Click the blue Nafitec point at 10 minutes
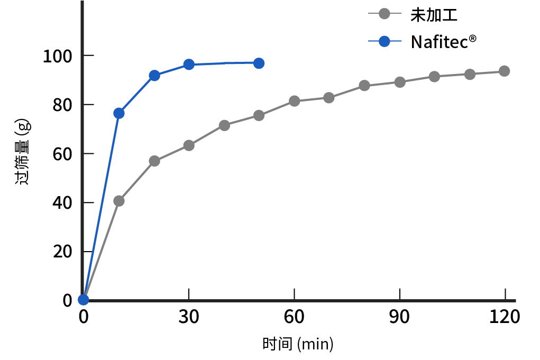pyautogui.click(x=119, y=113)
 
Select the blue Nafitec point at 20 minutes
pyautogui.click(x=154, y=76)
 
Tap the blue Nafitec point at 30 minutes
pyautogui.click(x=189, y=64)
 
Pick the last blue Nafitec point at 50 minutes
pyautogui.click(x=259, y=63)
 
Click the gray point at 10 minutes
pyautogui.click(x=119, y=201)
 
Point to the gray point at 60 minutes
pyautogui.click(x=295, y=101)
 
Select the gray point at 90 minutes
pyautogui.click(x=400, y=82)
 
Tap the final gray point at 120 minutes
pyautogui.click(x=505, y=71)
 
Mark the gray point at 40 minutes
pyautogui.click(x=224, y=125)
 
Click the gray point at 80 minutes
pyautogui.click(x=364, y=86)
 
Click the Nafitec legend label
pyautogui.click(x=440, y=42)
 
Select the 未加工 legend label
pyautogui.click(x=434, y=15)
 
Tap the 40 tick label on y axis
pyautogui.click(x=63, y=203)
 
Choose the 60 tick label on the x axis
pyautogui.click(x=294, y=317)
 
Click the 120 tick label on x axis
pyautogui.click(x=505, y=317)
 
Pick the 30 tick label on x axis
pyautogui.click(x=189, y=317)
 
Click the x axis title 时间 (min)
pyautogui.click(x=298, y=344)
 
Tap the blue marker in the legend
pyautogui.click(x=385, y=41)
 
